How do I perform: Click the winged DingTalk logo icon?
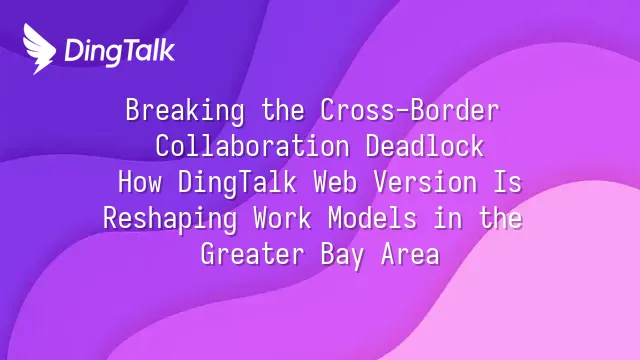(x=39, y=49)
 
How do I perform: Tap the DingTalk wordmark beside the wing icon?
(x=120, y=51)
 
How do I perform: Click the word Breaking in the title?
(x=185, y=110)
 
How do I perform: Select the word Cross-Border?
(x=409, y=109)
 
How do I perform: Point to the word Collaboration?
(x=252, y=146)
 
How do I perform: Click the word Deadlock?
(x=424, y=146)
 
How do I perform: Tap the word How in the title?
(x=140, y=182)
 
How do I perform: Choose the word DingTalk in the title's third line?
(x=237, y=183)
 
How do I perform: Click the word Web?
(x=335, y=182)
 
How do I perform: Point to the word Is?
(x=508, y=182)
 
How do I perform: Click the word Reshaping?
(x=170, y=219)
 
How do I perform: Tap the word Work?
(x=282, y=218)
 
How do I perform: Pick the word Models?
(x=372, y=218)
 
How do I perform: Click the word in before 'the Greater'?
(x=448, y=218)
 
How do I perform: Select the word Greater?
(x=253, y=254)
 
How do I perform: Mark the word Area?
(x=410, y=254)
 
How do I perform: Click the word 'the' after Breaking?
(x=283, y=109)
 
